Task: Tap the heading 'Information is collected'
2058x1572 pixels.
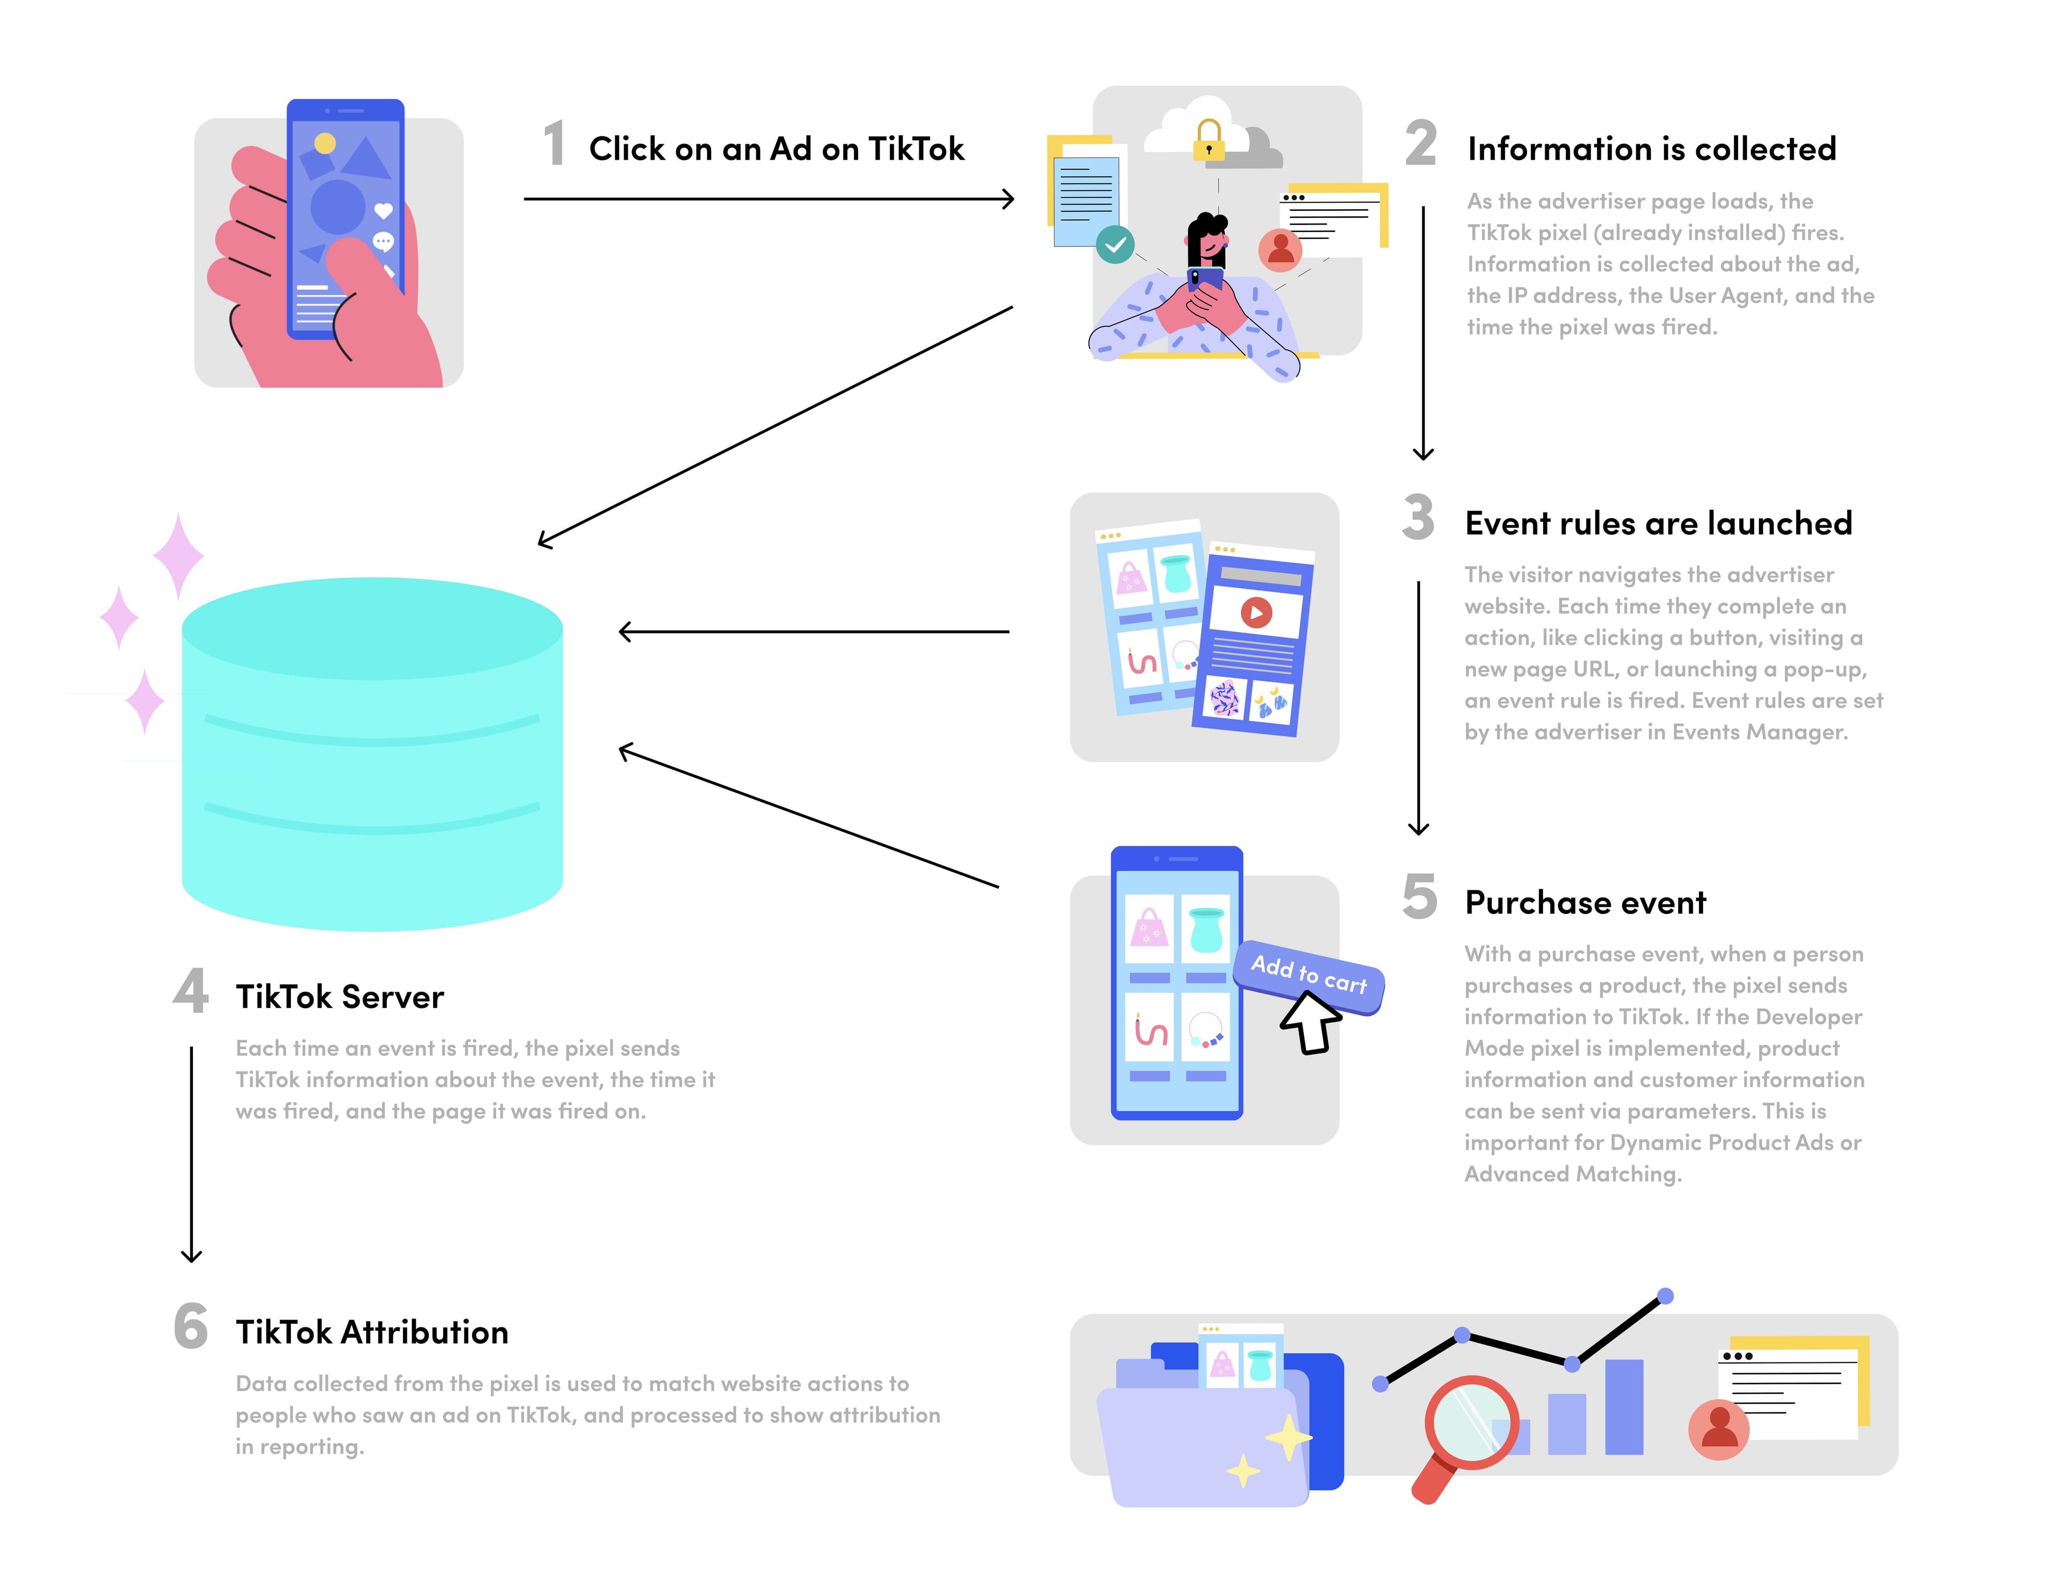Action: (1651, 149)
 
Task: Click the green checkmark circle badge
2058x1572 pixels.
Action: (1115, 245)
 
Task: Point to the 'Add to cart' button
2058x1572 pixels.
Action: (1309, 975)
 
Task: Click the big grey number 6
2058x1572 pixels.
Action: (191, 1327)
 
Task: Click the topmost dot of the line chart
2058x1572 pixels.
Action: (1665, 1296)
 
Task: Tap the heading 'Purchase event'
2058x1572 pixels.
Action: (1586, 903)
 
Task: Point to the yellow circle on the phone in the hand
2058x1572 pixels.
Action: (325, 143)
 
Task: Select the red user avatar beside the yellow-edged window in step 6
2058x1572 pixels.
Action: (1718, 1429)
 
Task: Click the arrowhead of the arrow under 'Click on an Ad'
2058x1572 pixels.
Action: (1009, 198)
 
